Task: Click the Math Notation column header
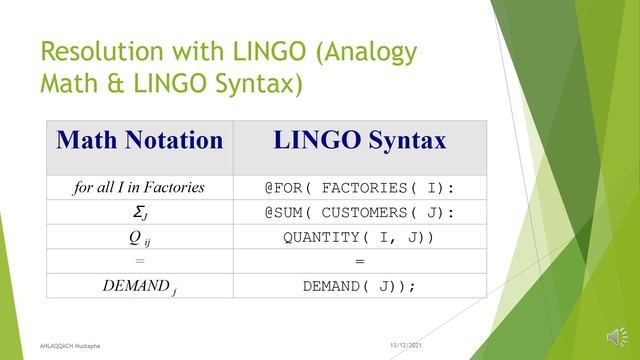(x=140, y=141)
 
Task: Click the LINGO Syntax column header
(x=359, y=141)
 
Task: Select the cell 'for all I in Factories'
(x=140, y=187)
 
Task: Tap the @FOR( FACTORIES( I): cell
(x=359, y=187)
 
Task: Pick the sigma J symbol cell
(x=140, y=211)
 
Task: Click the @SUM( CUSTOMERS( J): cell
(x=359, y=211)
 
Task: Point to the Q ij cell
(x=140, y=236)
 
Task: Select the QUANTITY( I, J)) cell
(x=359, y=236)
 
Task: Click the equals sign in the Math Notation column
(x=140, y=260)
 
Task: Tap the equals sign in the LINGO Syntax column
(x=359, y=260)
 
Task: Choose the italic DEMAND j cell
(x=140, y=285)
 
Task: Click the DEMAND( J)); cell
(x=359, y=285)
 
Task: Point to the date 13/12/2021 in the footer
(x=407, y=345)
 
